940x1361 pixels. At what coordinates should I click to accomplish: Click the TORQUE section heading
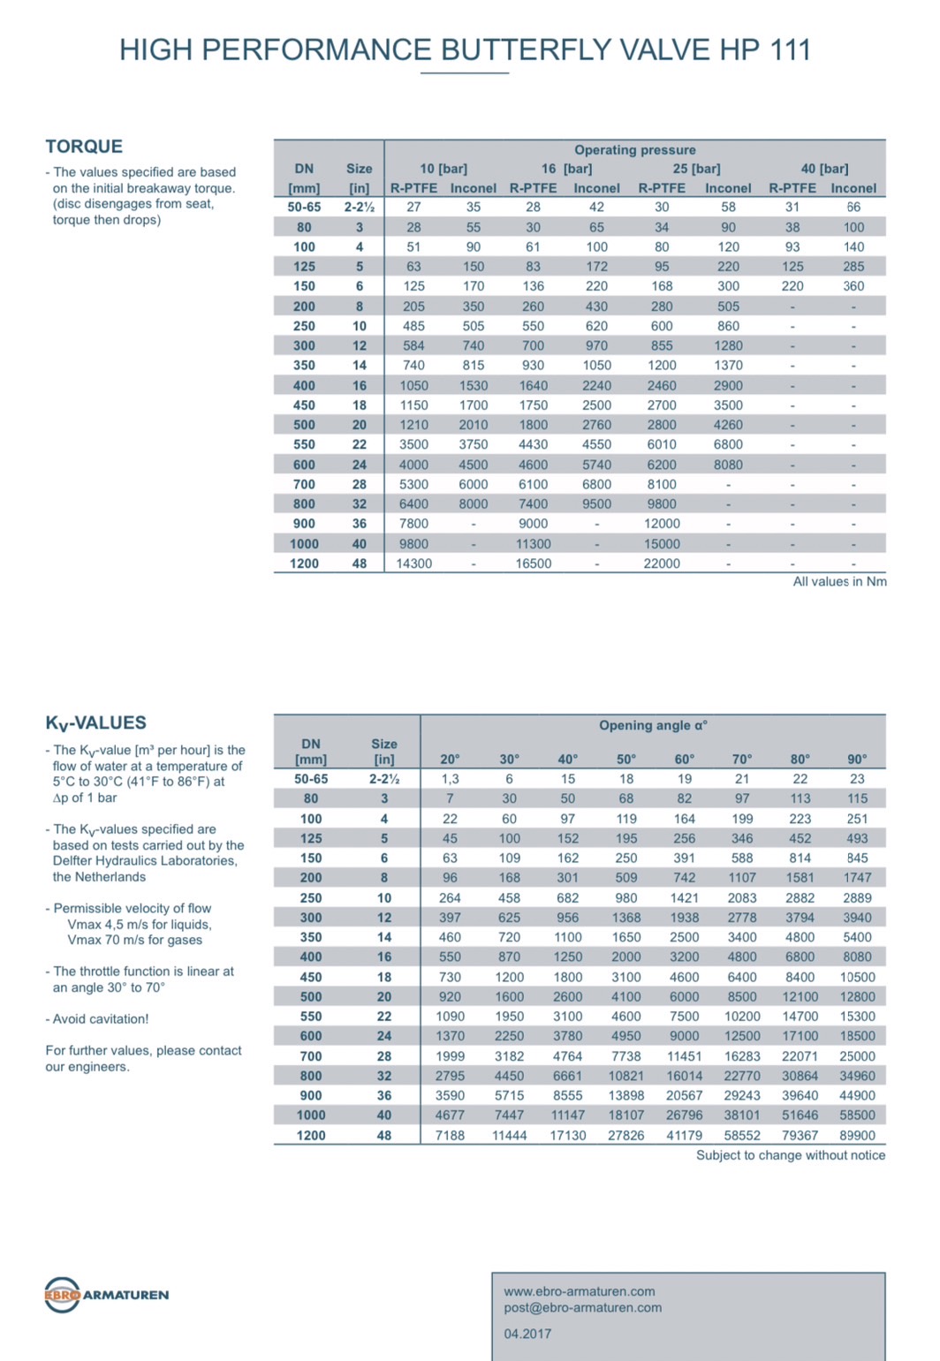point(84,147)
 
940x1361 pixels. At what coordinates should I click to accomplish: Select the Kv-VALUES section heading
point(95,722)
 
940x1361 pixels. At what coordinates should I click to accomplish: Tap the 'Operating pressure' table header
point(634,150)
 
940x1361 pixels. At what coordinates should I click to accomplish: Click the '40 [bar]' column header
point(823,169)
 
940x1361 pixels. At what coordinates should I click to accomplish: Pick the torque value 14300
point(413,563)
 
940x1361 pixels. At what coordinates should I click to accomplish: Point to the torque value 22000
point(662,563)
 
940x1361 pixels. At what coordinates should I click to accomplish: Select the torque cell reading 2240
point(596,385)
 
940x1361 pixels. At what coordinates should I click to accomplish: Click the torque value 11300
point(533,544)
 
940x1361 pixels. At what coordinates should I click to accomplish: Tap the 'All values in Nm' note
point(839,581)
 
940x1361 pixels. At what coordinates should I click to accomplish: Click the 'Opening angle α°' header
point(653,725)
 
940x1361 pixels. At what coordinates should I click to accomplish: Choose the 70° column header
point(742,759)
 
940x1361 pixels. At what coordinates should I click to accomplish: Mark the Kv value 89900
point(857,1135)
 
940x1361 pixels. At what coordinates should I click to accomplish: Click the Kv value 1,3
point(450,779)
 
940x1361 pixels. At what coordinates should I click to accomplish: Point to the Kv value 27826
point(625,1135)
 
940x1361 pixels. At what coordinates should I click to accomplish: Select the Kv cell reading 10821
point(625,1076)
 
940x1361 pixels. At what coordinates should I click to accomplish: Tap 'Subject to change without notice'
point(790,1155)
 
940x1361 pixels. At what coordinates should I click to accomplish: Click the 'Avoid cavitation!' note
point(100,1018)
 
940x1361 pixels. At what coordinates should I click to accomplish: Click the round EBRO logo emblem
point(62,1295)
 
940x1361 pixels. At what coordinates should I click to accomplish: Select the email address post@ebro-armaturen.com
point(582,1308)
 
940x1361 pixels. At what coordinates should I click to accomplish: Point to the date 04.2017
point(527,1334)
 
